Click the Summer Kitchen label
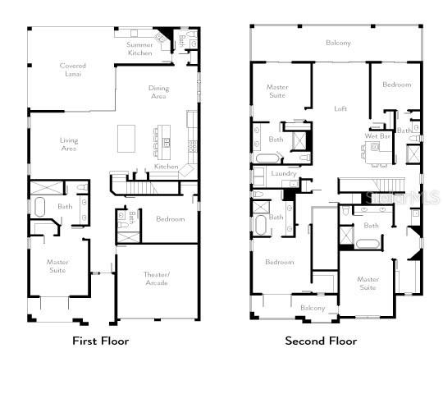pyautogui.click(x=139, y=48)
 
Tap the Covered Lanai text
pyautogui.click(x=72, y=70)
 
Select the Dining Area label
pyautogui.click(x=158, y=92)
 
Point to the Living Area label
pyautogui.click(x=69, y=144)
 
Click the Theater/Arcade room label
pyautogui.click(x=157, y=279)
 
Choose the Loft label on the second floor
pyautogui.click(x=340, y=108)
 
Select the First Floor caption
pyautogui.click(x=101, y=341)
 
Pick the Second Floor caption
pyautogui.click(x=321, y=341)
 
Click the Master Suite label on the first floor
pyautogui.click(x=57, y=266)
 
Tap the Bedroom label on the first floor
pyautogui.click(x=170, y=219)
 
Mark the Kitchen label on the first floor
pyautogui.click(x=167, y=167)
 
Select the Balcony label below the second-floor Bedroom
pyautogui.click(x=313, y=308)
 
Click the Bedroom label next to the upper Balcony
pyautogui.click(x=396, y=85)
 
